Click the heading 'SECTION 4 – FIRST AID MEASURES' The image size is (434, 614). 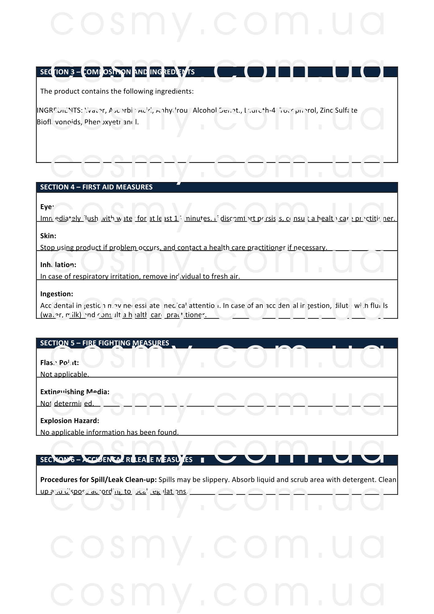click(96, 187)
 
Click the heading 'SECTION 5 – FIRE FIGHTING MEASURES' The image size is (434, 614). click(105, 343)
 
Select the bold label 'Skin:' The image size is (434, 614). click(48, 236)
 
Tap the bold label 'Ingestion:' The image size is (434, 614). click(57, 294)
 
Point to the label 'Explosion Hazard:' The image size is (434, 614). click(70, 421)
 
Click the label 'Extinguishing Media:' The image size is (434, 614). click(75, 392)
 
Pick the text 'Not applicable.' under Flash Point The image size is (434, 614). click(65, 374)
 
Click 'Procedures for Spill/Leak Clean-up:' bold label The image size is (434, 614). click(99, 480)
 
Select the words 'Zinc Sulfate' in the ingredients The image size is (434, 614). click(339, 111)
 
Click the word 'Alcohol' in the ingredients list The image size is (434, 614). click(205, 111)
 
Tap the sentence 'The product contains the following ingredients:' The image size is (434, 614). click(117, 91)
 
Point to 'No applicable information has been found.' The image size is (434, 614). click(110, 432)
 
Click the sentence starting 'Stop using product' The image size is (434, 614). click(184, 247)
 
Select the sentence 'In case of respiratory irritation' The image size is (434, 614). click(140, 276)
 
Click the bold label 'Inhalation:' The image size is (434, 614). click(58, 265)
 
